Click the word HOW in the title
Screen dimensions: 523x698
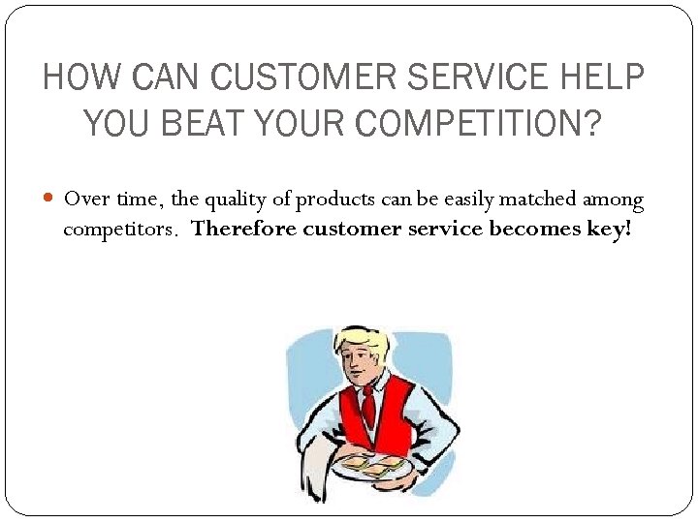(x=75, y=77)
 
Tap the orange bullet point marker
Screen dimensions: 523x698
(x=50, y=200)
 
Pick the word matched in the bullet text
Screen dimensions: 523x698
(x=537, y=200)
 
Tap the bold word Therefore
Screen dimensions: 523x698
(x=244, y=230)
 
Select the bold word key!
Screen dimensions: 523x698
(x=609, y=230)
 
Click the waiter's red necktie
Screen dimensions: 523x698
(x=367, y=407)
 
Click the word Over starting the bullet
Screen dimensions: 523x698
(x=84, y=200)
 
